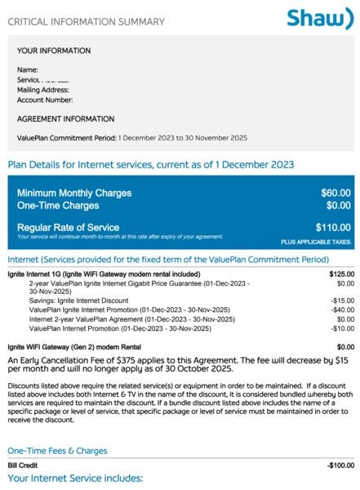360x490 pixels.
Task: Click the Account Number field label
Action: [45, 100]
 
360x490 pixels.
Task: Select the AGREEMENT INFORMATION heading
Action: [66, 119]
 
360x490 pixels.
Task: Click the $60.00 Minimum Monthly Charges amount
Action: [336, 194]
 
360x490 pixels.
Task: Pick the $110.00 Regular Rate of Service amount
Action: [333, 228]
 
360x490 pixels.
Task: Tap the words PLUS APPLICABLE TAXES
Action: [316, 243]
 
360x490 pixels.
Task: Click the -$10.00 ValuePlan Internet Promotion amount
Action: [342, 329]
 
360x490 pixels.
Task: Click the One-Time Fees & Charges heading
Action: [57, 451]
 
